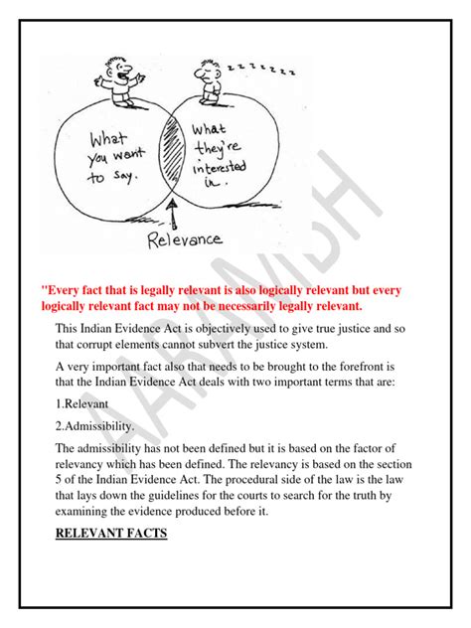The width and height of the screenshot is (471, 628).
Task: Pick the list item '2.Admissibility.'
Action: pos(96,426)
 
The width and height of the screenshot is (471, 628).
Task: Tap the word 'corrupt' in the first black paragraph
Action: pos(111,344)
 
